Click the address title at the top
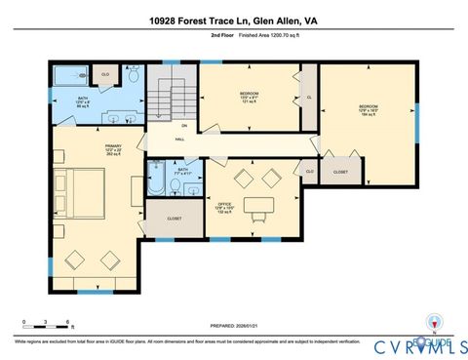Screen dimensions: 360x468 (234, 19)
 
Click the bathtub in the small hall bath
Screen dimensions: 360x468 (158, 181)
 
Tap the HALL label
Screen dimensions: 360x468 (180, 140)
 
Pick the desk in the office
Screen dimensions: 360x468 (257, 205)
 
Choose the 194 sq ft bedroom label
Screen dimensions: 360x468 (367, 108)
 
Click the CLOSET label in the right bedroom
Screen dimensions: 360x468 (340, 172)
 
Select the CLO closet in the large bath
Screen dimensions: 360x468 (105, 73)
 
